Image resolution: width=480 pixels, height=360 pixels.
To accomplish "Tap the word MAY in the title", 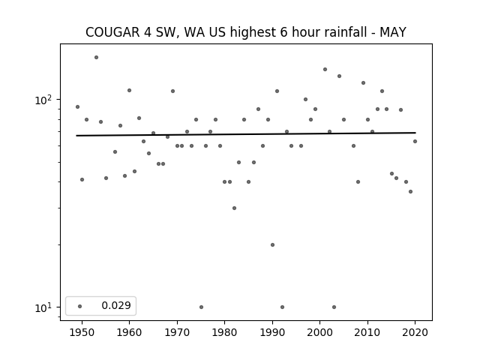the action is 393,32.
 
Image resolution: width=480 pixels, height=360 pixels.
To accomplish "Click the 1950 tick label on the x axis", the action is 82,332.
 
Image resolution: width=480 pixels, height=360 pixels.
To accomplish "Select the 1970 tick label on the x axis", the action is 177,332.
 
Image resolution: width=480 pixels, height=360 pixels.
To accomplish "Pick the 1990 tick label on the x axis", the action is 272,332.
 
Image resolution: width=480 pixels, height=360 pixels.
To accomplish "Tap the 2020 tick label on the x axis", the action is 415,332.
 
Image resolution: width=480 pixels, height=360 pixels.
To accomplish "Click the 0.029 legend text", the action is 116,305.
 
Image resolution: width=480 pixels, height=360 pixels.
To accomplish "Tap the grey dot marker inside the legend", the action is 80,306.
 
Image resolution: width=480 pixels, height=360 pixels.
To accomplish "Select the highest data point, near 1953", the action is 96,57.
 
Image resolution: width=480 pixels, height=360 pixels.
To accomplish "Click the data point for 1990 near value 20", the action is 272,245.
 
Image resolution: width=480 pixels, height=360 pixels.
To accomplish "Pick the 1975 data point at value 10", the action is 201,307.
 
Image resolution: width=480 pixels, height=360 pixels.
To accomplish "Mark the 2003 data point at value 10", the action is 334,307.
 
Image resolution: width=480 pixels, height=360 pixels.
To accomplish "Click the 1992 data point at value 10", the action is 282,307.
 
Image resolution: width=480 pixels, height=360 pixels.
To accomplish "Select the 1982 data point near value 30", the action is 234,208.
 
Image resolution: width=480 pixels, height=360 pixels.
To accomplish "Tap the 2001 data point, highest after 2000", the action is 325,70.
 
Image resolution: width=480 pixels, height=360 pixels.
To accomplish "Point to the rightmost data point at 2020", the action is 415,142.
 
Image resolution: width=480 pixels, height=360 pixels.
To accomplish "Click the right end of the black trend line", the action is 415,133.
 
